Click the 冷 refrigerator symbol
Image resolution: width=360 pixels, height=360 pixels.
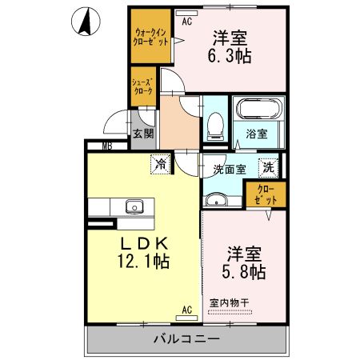[x=161, y=163]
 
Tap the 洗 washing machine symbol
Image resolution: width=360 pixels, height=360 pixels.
[x=270, y=168]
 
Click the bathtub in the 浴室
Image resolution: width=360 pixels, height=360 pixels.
[x=257, y=110]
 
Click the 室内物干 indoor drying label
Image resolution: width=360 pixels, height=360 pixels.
[x=230, y=303]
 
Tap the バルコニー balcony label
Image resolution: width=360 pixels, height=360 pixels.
[x=186, y=339]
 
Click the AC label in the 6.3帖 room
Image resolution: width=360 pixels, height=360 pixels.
[x=187, y=22]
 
